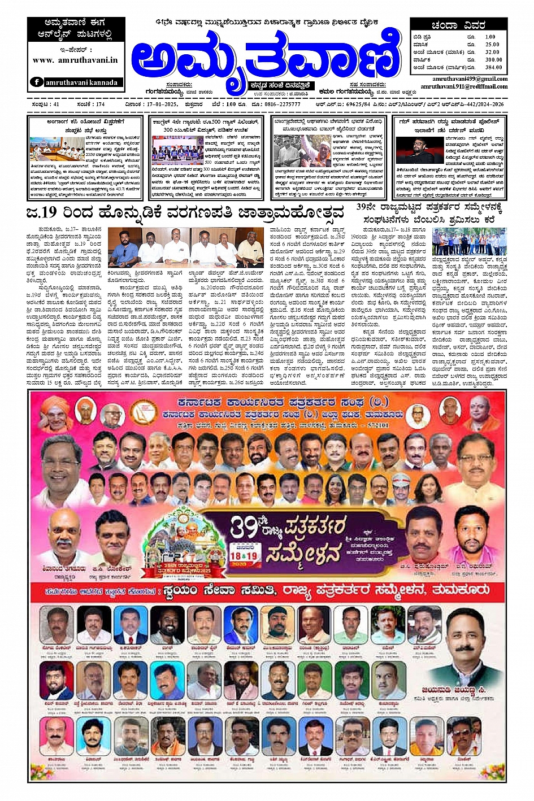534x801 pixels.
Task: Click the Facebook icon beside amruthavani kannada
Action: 37,82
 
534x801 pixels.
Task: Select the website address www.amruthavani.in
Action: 75,59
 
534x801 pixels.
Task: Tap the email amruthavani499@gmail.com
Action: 470,79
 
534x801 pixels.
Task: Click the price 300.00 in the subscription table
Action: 493,59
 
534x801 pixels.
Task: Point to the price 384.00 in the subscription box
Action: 493,67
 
